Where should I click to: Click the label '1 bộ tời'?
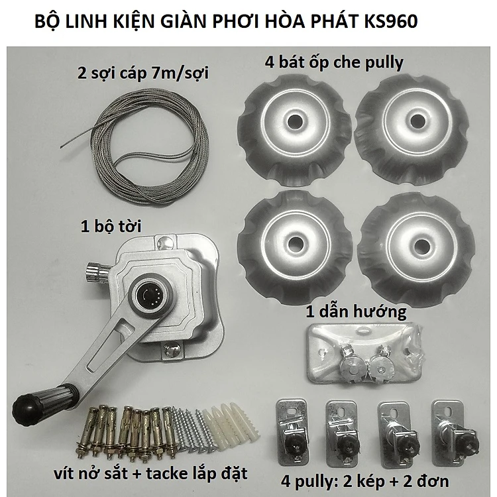coord(111,227)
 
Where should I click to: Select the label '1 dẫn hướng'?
coord(356,312)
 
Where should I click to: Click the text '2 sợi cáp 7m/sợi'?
coord(143,74)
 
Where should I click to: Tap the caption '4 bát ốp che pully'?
coord(334,62)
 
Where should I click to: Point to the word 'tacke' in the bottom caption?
coord(167,474)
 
